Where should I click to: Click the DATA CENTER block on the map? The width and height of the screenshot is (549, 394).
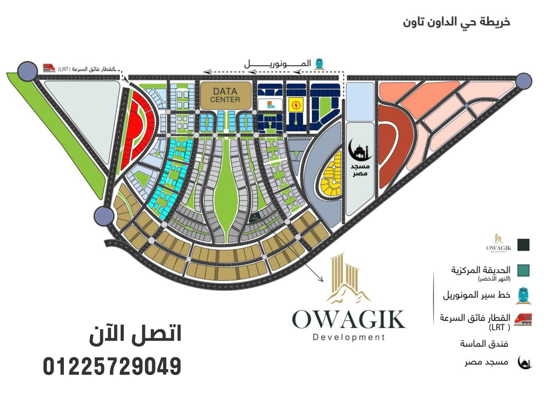[x=225, y=95]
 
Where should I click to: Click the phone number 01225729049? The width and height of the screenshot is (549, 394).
[x=112, y=367]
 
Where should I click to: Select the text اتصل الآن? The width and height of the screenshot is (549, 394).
[x=135, y=334]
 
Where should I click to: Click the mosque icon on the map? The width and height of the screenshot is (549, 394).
[x=360, y=151]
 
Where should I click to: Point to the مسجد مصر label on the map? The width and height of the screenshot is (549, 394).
[x=360, y=169]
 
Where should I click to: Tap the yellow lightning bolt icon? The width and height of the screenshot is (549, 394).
[x=295, y=106]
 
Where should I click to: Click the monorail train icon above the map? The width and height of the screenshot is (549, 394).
[x=318, y=64]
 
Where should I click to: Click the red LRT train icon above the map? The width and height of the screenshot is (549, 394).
[x=49, y=67]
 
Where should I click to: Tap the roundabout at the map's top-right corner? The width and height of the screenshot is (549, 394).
[x=524, y=80]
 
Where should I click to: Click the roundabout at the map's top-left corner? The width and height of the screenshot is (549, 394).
[x=27, y=71]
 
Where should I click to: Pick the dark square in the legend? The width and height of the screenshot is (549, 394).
[x=524, y=244]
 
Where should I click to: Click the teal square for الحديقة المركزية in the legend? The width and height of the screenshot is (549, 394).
[x=524, y=270]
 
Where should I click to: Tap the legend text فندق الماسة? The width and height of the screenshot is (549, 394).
[x=484, y=344]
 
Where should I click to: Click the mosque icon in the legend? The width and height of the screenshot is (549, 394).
[x=525, y=363]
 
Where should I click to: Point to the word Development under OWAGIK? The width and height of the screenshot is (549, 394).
[x=349, y=337]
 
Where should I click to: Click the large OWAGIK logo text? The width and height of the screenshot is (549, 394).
[x=349, y=319]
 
